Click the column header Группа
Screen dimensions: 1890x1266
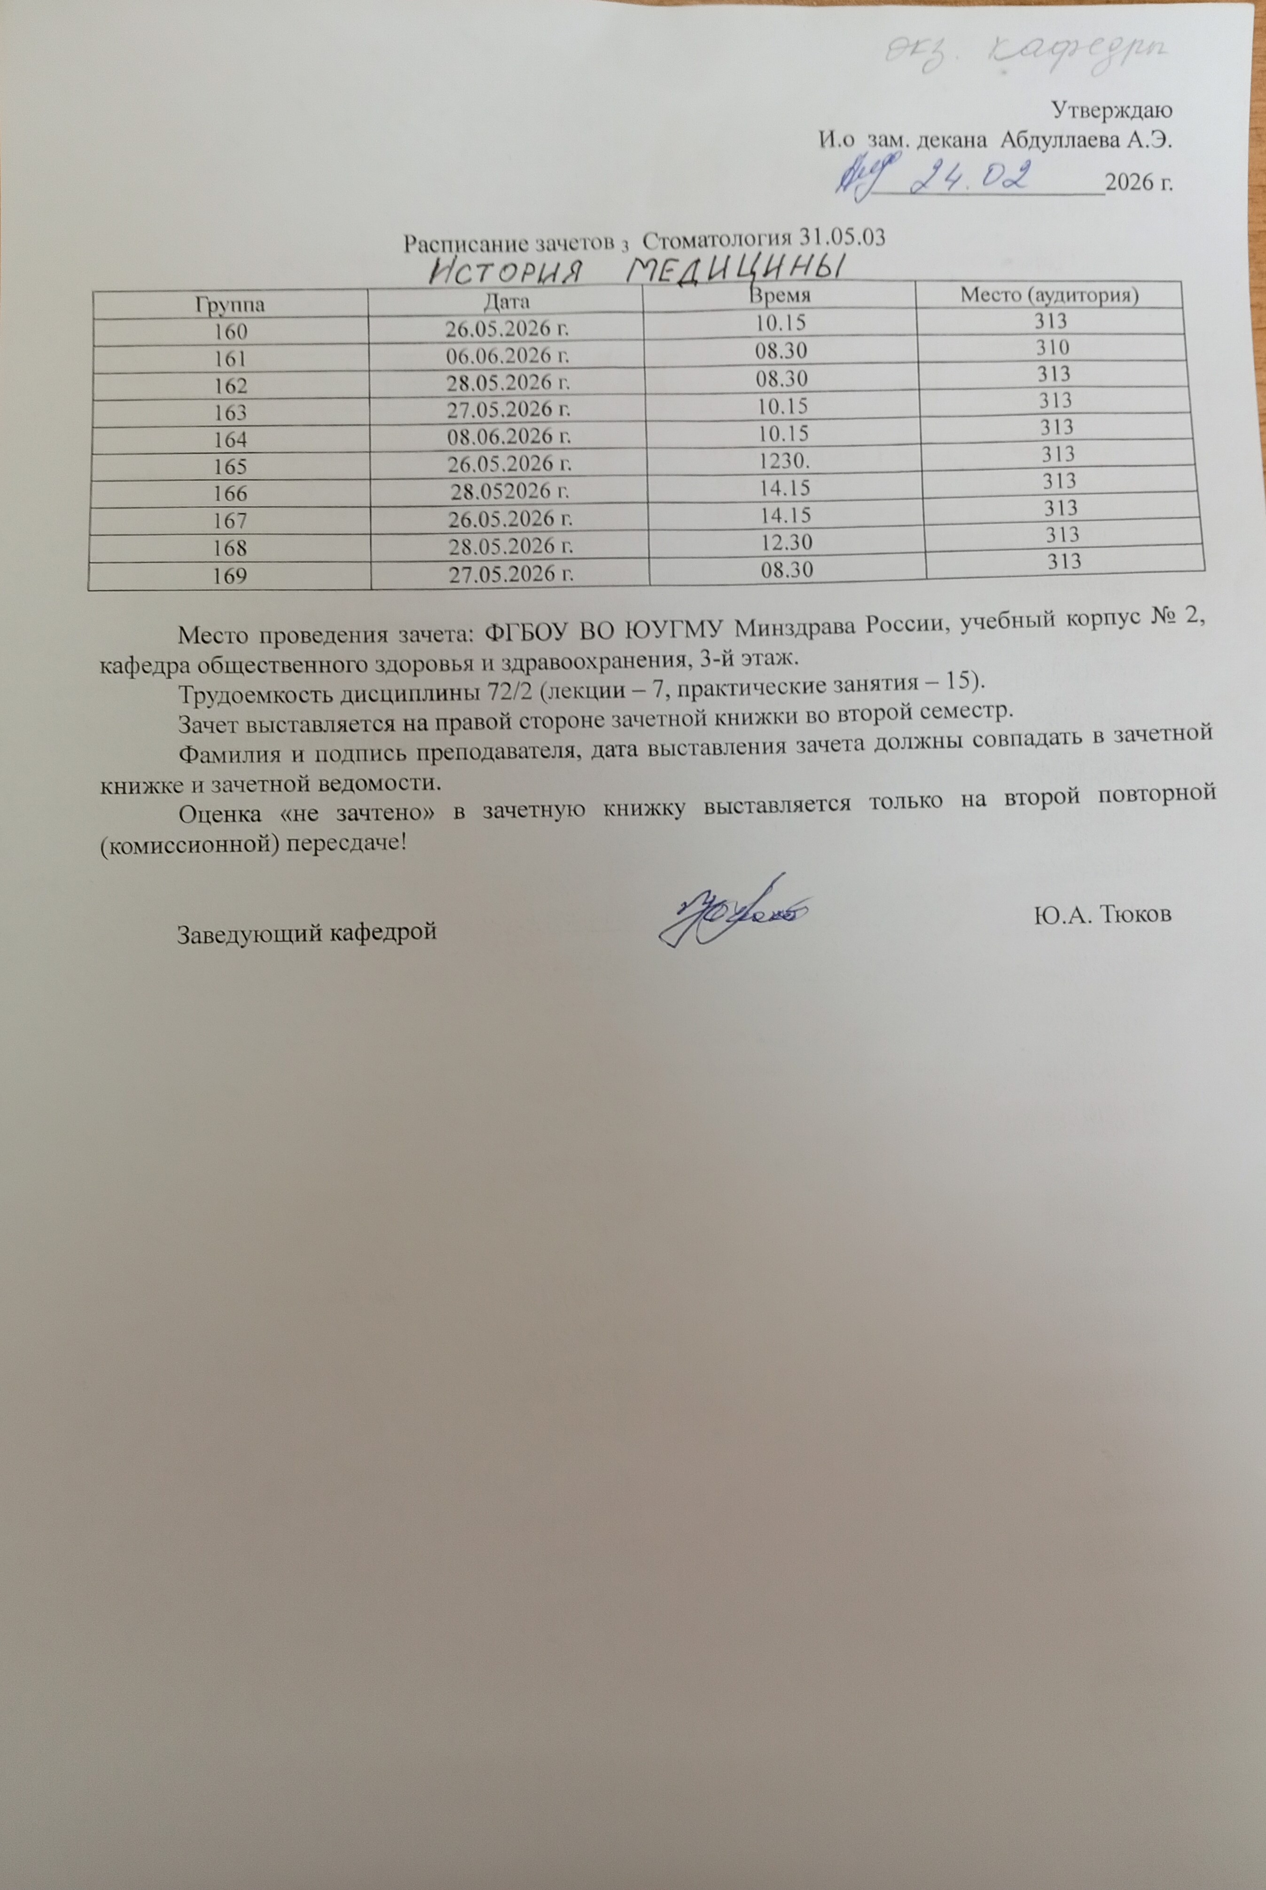(x=230, y=305)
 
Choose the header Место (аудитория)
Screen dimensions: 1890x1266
(x=1050, y=295)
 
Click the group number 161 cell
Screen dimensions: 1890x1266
(x=230, y=359)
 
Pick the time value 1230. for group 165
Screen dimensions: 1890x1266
(x=782, y=460)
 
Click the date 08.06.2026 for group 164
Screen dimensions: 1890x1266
(x=508, y=436)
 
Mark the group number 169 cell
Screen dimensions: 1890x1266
(x=231, y=576)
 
